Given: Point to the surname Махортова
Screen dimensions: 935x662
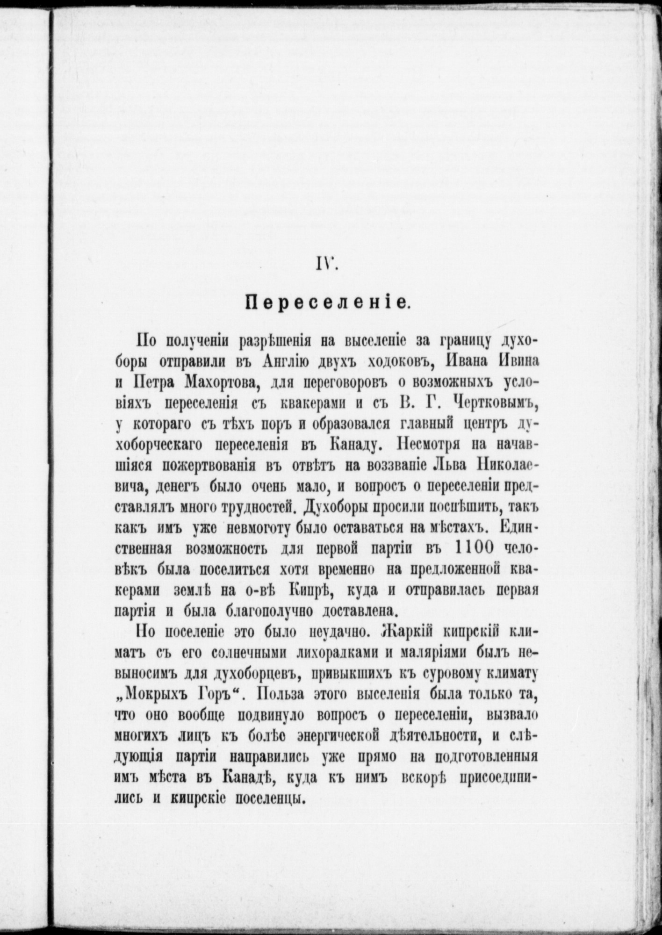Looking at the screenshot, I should (216, 383).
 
